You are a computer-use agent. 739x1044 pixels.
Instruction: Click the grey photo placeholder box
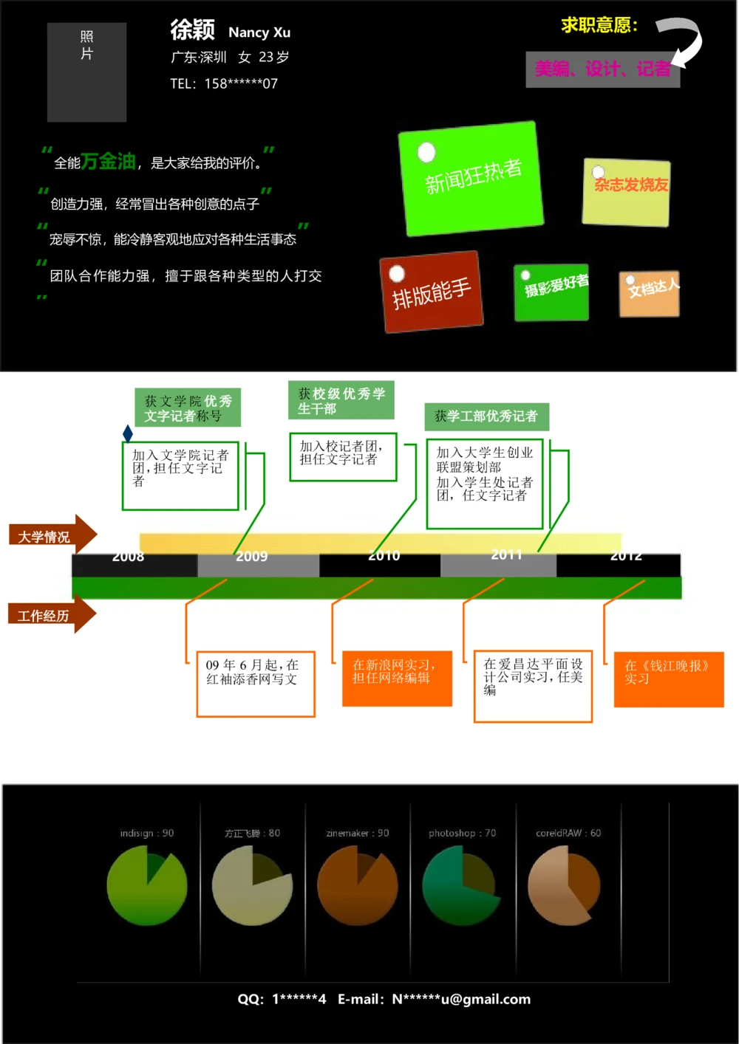coord(86,72)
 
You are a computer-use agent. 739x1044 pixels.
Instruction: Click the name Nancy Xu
coord(259,32)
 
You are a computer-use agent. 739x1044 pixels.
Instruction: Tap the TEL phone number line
coord(224,83)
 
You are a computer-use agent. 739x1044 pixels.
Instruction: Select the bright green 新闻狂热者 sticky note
coord(471,179)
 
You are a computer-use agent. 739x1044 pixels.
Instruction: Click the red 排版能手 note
coord(431,292)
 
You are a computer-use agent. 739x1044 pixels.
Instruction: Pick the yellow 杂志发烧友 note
coord(627,192)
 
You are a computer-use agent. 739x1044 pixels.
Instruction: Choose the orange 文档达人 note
coord(650,294)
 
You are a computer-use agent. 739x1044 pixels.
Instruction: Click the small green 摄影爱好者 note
coord(552,292)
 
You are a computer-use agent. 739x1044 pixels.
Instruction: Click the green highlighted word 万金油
coord(108,161)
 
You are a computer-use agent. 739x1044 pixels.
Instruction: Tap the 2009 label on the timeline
coord(251,557)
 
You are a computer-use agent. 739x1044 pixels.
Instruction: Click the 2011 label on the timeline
coord(506,555)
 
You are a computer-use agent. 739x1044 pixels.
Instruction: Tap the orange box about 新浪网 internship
coord(397,679)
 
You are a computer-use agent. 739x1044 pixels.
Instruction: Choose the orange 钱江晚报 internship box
coord(668,679)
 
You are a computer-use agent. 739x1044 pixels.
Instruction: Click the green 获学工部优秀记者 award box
coord(486,416)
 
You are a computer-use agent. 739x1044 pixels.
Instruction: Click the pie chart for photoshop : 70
coord(462,885)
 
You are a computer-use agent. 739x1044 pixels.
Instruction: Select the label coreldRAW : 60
coord(568,833)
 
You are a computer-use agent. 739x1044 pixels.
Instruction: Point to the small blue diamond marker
coord(128,433)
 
